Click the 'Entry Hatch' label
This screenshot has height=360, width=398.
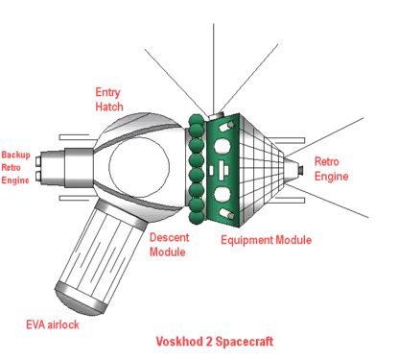(x=109, y=100)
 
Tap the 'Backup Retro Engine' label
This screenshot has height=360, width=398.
(x=15, y=167)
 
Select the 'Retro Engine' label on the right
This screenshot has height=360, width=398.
(x=331, y=169)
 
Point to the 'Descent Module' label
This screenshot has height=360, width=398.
(x=170, y=245)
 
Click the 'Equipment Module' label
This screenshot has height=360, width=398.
(x=266, y=240)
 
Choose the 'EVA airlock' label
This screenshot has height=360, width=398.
(x=53, y=324)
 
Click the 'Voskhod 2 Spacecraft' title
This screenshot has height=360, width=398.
(x=215, y=342)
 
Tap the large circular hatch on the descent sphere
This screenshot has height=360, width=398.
(x=139, y=167)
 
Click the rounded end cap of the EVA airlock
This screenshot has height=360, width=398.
(x=78, y=299)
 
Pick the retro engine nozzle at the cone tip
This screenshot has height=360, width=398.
(x=300, y=169)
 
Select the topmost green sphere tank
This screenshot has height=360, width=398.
(x=196, y=120)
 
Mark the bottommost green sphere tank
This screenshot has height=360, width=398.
(x=197, y=217)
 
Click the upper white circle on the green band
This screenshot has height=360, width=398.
(x=222, y=147)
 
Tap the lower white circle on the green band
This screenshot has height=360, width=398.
(x=222, y=195)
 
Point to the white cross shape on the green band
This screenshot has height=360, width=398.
(x=222, y=169)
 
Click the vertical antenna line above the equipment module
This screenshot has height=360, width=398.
(x=214, y=69)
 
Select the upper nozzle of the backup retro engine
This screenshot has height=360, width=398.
(x=38, y=160)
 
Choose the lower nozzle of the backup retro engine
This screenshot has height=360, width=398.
(x=38, y=176)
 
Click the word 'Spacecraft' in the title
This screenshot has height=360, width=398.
(x=245, y=342)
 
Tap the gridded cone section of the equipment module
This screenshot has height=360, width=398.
(x=261, y=170)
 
